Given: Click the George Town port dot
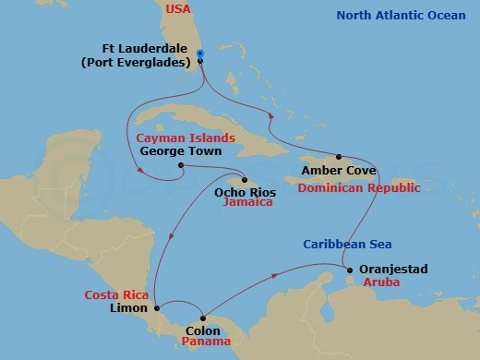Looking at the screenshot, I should (181, 166).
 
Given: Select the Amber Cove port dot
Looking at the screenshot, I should (339, 157).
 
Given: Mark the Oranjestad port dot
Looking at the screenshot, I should (350, 270).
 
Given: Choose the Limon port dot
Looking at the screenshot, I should (157, 307).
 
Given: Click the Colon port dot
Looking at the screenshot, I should (203, 318).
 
